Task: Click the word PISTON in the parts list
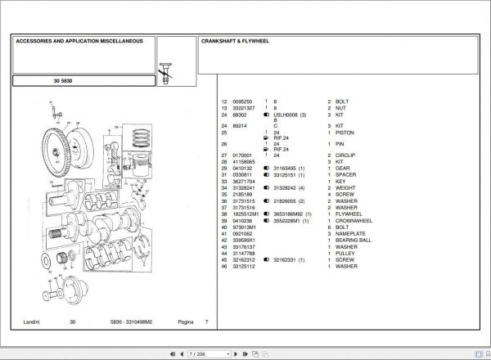pos(346,133)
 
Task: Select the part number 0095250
pos(245,101)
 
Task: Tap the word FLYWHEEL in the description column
pos(349,214)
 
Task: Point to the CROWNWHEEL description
pos(354,220)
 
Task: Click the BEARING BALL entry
pos(354,240)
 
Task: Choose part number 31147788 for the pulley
pos(245,253)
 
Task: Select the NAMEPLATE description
pos(352,233)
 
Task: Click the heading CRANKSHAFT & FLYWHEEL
pos(236,39)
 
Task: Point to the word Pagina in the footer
pos(187,322)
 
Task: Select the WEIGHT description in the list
pos(347,187)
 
